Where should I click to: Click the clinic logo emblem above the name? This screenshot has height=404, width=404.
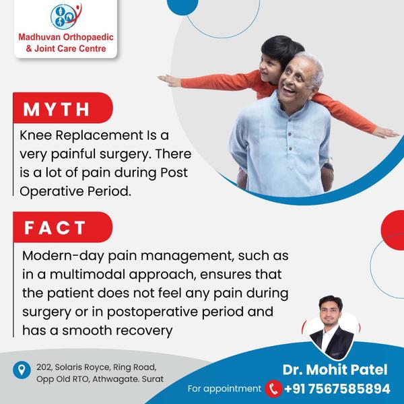tap(66, 16)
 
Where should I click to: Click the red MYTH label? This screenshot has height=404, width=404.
tap(63, 108)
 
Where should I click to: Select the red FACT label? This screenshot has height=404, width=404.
tap(63, 228)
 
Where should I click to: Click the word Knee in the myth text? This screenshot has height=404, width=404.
tap(36, 135)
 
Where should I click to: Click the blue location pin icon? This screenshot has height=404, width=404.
tap(22, 370)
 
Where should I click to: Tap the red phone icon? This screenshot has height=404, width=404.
tap(273, 389)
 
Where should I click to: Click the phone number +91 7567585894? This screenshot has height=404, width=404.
tap(337, 389)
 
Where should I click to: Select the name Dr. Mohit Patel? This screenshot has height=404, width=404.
tap(335, 370)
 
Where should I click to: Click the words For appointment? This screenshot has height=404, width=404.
tap(224, 389)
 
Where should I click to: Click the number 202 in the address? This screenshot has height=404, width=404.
tap(44, 368)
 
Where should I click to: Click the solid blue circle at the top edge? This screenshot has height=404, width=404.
tap(182, 5)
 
